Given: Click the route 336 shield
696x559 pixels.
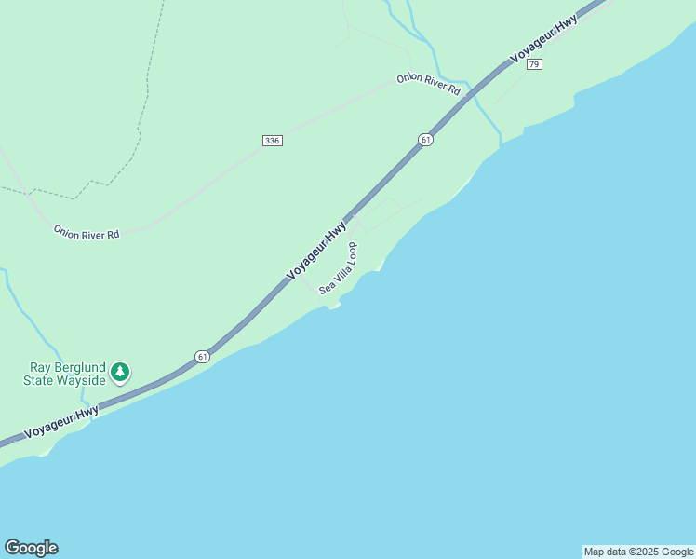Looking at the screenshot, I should tap(272, 140).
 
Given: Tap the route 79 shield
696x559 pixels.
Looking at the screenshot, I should tap(534, 64).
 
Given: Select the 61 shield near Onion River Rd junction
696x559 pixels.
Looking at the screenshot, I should tap(425, 140).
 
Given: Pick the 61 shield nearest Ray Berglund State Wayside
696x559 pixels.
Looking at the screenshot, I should tap(202, 356).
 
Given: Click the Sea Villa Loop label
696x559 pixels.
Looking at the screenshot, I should tap(338, 269).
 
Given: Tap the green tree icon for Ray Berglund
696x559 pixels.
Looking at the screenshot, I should tap(119, 373).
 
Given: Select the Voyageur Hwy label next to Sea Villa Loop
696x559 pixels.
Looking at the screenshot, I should tap(316, 249).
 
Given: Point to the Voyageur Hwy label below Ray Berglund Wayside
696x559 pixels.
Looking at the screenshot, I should tap(61, 422).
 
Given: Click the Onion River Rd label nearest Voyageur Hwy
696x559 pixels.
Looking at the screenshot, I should tap(428, 84).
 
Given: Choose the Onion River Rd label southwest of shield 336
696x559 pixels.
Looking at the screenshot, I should tap(87, 232).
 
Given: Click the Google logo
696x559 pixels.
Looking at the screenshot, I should tap(31, 548).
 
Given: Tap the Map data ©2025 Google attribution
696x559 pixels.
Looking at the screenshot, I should tap(638, 552).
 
